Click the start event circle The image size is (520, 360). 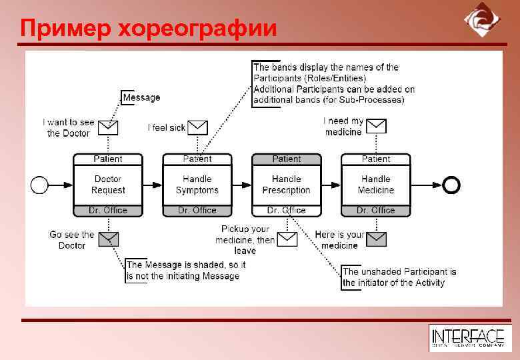(x=40, y=185)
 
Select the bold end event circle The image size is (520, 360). (x=451, y=185)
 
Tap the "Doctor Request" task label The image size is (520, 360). (x=108, y=185)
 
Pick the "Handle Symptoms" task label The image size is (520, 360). (x=197, y=185)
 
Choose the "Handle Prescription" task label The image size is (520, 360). (x=287, y=185)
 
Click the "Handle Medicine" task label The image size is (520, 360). (x=376, y=185)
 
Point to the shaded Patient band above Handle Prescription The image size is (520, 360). (x=287, y=159)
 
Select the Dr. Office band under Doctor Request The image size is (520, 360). (x=108, y=210)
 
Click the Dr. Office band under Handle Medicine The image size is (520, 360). (x=376, y=210)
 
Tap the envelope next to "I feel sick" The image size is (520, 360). (x=197, y=127)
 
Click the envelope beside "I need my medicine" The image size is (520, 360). (x=376, y=125)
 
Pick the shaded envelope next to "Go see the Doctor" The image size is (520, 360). (x=108, y=239)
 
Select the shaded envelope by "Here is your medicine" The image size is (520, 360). (x=376, y=239)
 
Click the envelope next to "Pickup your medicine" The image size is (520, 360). (x=287, y=239)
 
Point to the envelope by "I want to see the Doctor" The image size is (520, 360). (x=108, y=127)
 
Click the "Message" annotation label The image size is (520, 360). (x=141, y=97)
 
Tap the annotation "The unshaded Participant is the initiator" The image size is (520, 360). (x=399, y=277)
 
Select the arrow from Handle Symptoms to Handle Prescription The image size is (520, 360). (x=242, y=185)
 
